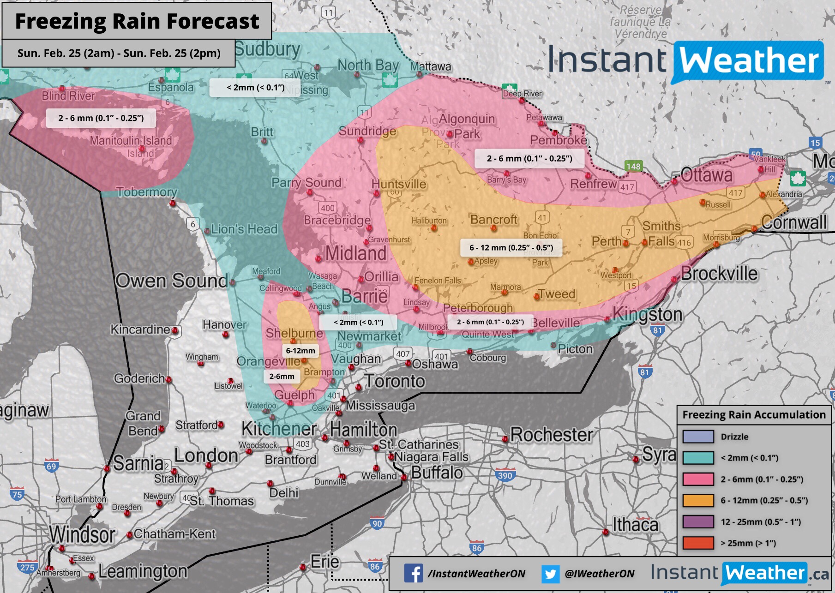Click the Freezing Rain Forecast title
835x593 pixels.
pos(137,21)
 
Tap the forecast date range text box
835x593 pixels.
pos(119,53)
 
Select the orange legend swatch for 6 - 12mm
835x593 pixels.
pos(698,501)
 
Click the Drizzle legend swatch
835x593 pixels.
pos(698,437)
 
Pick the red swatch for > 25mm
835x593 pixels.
pos(698,543)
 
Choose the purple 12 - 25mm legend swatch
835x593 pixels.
pos(698,522)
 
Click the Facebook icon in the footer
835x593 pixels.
pos(413,573)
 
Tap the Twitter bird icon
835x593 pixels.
pos(550,574)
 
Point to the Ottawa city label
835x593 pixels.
pos(707,175)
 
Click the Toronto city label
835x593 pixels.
pos(395,381)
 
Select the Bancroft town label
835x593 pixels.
pos(493,219)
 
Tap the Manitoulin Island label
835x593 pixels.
pos(131,140)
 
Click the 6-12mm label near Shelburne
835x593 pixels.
pos(300,351)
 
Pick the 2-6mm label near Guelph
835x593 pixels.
pos(282,377)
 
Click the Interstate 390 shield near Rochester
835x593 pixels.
pos(505,475)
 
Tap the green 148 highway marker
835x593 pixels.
pos(633,166)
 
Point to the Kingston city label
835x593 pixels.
pos(647,315)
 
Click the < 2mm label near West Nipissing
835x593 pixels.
pos(255,88)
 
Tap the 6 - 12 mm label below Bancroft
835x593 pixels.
pos(511,248)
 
